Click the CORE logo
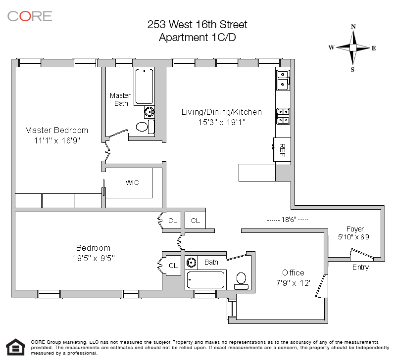pyautogui.click(x=30, y=16)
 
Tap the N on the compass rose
pyautogui.click(x=353, y=27)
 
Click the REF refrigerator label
pyautogui.click(x=283, y=150)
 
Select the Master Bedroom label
pyautogui.click(x=56, y=130)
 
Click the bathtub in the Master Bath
pyautogui.click(x=144, y=87)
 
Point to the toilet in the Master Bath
pyautogui.click(x=146, y=127)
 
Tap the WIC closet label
pyautogui.click(x=132, y=182)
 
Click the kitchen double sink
pyautogui.click(x=283, y=81)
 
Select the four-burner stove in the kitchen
pyautogui.click(x=283, y=116)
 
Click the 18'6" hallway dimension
pyautogui.click(x=288, y=220)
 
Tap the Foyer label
pyautogui.click(x=355, y=229)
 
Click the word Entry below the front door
pyautogui.click(x=361, y=267)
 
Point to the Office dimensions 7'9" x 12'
pyautogui.click(x=293, y=283)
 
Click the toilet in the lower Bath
pyautogui.click(x=242, y=281)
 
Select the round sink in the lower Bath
pyautogui.click(x=191, y=263)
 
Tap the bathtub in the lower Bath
pyautogui.click(x=205, y=280)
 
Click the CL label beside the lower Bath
pyautogui.click(x=173, y=266)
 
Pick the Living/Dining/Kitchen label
pyautogui.click(x=221, y=112)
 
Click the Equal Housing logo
pyautogui.click(x=16, y=347)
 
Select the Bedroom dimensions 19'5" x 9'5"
pyautogui.click(x=94, y=258)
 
